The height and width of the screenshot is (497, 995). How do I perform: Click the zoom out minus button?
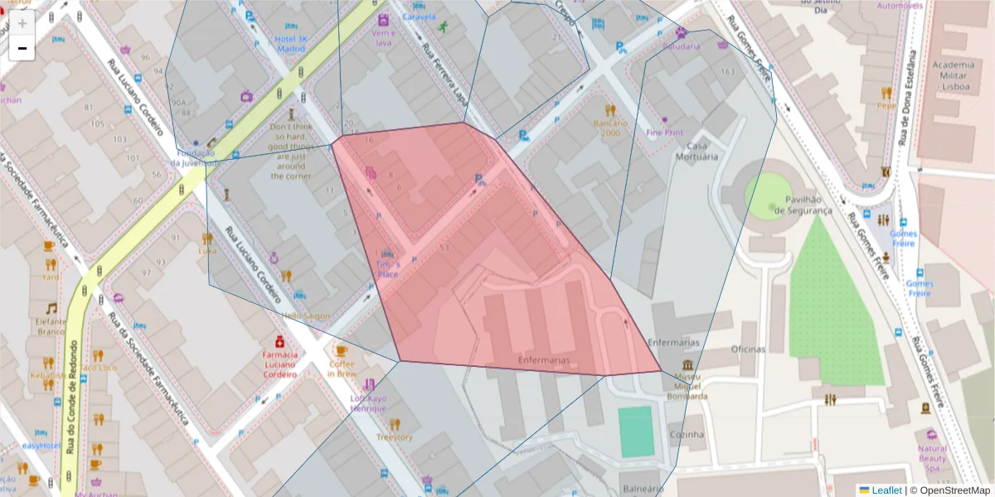click(22, 49)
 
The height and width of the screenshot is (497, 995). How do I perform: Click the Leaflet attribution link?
click(886, 490)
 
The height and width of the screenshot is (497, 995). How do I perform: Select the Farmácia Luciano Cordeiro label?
click(280, 364)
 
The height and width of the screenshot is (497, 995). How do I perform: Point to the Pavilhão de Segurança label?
click(803, 205)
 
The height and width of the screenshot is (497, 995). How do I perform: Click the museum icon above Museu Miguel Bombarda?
click(687, 365)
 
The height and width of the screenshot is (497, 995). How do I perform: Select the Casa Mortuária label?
click(696, 151)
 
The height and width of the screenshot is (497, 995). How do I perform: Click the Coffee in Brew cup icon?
click(342, 350)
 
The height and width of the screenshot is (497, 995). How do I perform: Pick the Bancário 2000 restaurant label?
click(611, 128)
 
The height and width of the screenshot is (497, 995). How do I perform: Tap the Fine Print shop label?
click(665, 132)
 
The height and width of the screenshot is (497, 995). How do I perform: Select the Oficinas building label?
click(748, 349)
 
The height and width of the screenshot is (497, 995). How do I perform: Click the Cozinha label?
click(687, 434)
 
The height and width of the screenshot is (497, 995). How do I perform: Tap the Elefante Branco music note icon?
click(51, 308)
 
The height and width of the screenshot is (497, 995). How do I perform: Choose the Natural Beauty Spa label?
click(932, 458)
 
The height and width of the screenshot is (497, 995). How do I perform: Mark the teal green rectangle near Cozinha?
click(637, 432)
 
